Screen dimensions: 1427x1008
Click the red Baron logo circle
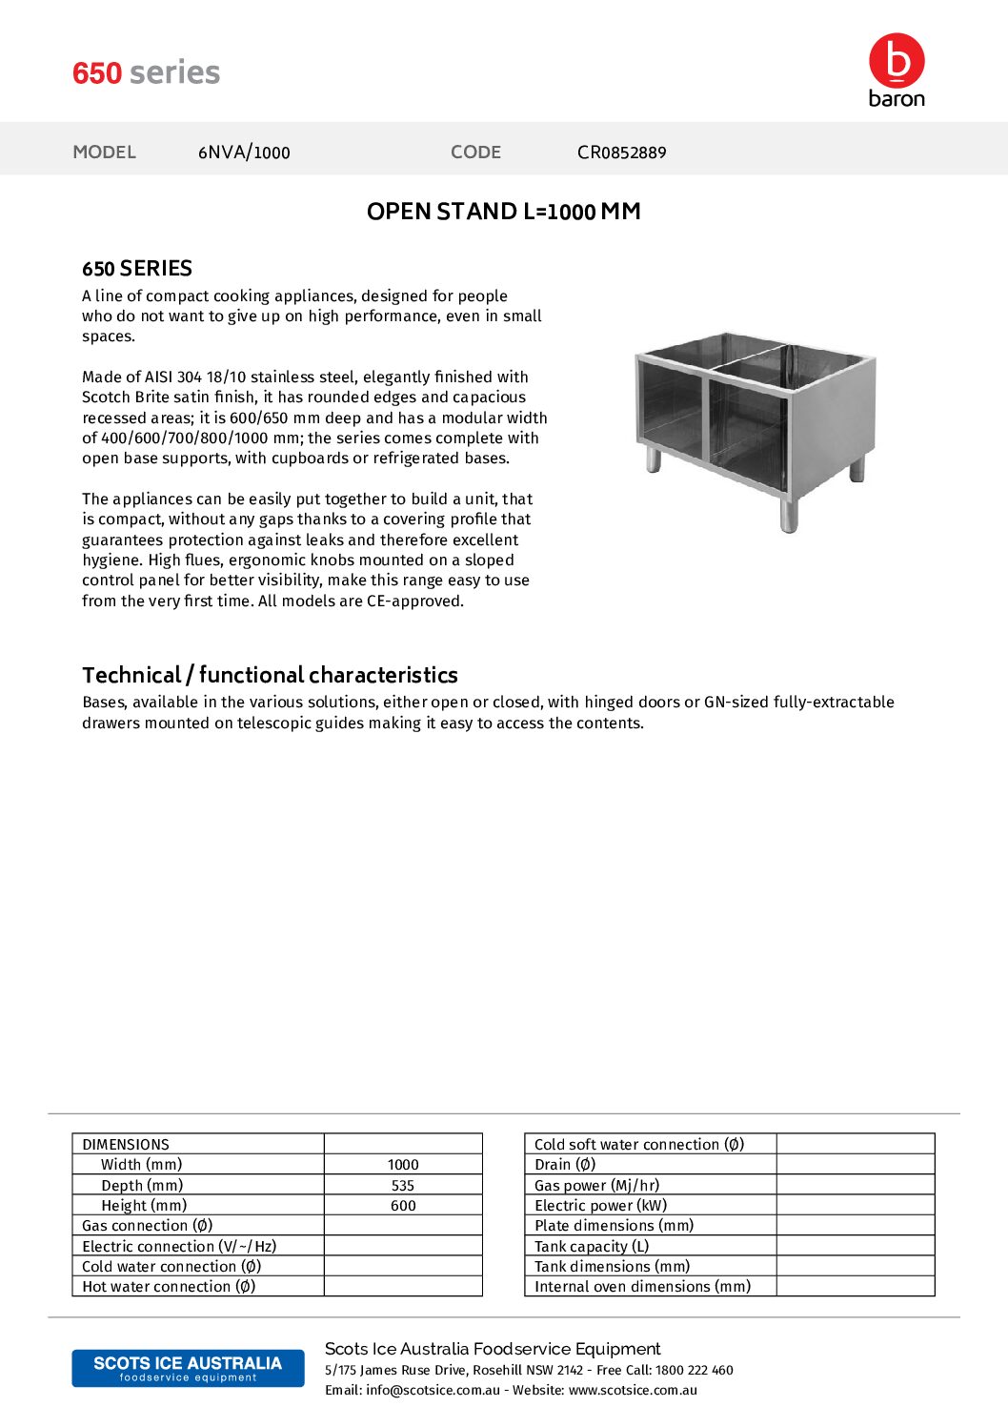(897, 61)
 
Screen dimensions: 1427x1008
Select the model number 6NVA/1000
(244, 153)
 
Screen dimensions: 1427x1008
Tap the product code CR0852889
(621, 153)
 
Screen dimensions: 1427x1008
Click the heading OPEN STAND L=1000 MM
(503, 212)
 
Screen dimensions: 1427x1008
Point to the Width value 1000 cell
(403, 1165)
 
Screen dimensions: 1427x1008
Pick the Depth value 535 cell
(403, 1186)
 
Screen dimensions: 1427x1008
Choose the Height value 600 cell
(403, 1206)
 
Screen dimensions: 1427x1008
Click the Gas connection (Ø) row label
(148, 1226)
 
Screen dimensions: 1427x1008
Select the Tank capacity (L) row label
(592, 1247)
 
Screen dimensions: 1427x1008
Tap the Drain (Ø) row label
(565, 1165)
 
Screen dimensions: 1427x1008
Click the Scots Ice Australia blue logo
(188, 1368)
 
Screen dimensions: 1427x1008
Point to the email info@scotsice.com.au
(433, 1391)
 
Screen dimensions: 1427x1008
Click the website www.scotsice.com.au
(633, 1391)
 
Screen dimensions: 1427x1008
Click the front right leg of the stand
(789, 515)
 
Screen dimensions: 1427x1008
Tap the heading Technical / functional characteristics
(270, 675)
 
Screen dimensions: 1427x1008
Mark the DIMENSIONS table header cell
(126, 1145)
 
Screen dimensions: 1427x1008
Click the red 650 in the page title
(97, 73)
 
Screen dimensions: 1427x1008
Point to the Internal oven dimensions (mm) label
(642, 1287)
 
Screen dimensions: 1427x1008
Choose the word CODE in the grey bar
(475, 153)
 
